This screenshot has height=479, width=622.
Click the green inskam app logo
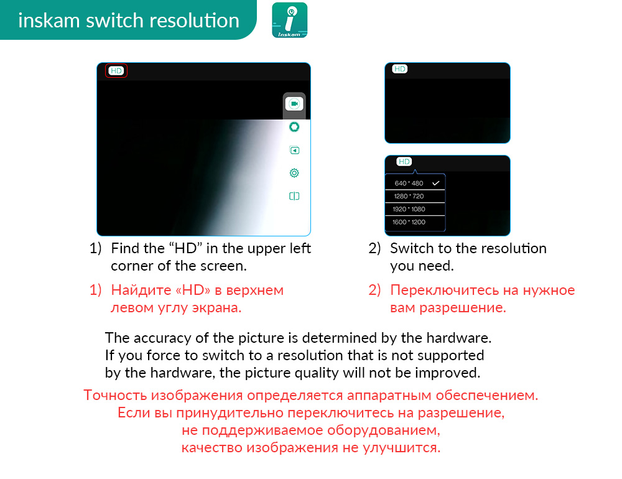point(290,21)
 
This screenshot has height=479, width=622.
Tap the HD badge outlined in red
point(116,71)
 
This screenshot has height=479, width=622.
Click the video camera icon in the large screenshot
point(294,104)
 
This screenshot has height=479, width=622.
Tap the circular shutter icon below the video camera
point(294,127)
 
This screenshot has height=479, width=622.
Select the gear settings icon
point(294,173)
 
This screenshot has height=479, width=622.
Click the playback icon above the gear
point(294,151)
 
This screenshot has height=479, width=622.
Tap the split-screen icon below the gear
point(294,196)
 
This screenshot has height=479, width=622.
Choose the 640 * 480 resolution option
point(409,184)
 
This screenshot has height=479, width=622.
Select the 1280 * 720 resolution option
point(409,196)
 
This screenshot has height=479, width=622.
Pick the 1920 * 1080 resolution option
point(409,209)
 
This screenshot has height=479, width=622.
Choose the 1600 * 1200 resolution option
point(409,222)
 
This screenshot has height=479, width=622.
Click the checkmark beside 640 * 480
point(436,183)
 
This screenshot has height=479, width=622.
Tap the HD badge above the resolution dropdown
point(404,162)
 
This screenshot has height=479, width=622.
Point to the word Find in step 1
point(126,248)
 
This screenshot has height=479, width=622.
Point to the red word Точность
point(115,395)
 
